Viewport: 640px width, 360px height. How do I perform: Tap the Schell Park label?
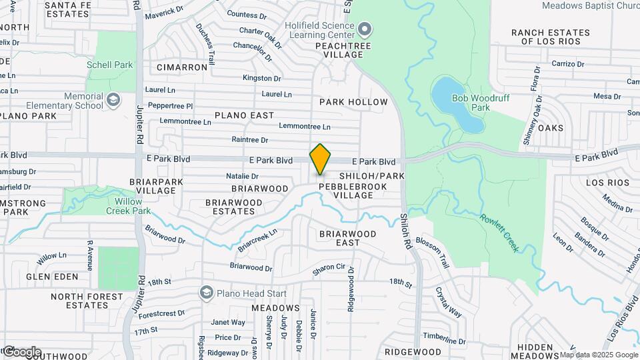click(110, 65)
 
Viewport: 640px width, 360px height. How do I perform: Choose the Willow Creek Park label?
click(128, 205)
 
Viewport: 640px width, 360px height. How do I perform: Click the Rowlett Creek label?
click(499, 232)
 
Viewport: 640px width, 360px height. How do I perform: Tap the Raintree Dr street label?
click(249, 140)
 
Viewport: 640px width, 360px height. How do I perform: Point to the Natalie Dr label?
click(242, 176)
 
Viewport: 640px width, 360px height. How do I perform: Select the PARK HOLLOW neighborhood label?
click(353, 102)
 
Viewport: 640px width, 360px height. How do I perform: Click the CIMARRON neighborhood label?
click(182, 67)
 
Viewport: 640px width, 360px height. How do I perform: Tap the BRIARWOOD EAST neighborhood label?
click(347, 238)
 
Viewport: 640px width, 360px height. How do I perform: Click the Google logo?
click(21, 351)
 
